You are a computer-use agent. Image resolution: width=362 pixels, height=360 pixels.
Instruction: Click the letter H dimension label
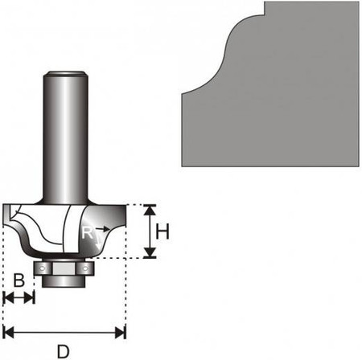[162, 231]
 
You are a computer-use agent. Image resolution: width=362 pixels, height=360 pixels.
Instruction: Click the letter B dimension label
[19, 280]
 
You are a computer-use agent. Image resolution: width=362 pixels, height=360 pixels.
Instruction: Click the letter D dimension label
[64, 351]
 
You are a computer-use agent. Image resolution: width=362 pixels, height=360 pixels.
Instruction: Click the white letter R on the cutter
[88, 232]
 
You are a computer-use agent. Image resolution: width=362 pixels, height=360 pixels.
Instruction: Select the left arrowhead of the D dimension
[8, 333]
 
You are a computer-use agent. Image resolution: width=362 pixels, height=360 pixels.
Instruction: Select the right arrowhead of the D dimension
[121, 333]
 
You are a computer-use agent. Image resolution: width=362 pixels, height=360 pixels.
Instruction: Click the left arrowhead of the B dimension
[9, 297]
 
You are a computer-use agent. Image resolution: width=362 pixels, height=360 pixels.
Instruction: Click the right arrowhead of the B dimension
[29, 297]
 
